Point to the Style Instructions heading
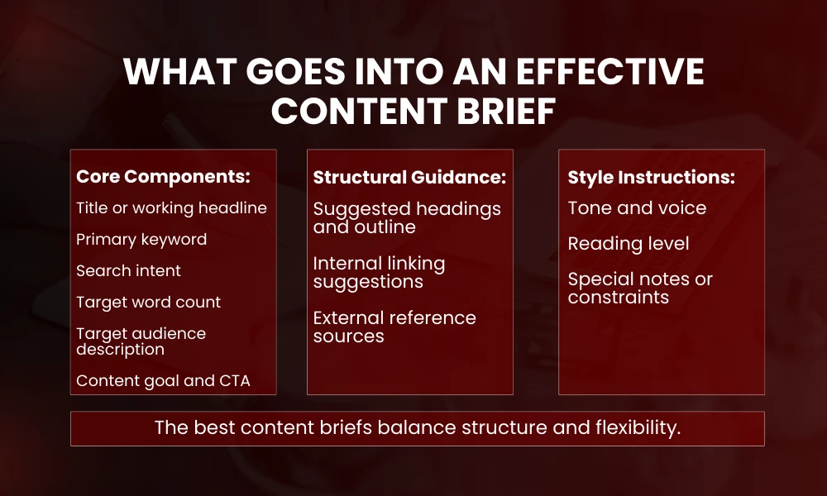click(651, 177)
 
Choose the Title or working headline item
click(171, 207)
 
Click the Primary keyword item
click(141, 239)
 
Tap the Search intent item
click(128, 270)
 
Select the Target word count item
click(148, 302)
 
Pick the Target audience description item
click(141, 341)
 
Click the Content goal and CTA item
click(163, 381)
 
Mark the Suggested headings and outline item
click(407, 217)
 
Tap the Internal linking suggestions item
click(379, 272)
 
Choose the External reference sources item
click(394, 327)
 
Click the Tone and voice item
click(637, 207)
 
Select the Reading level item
click(629, 244)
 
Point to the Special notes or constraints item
click(640, 288)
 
